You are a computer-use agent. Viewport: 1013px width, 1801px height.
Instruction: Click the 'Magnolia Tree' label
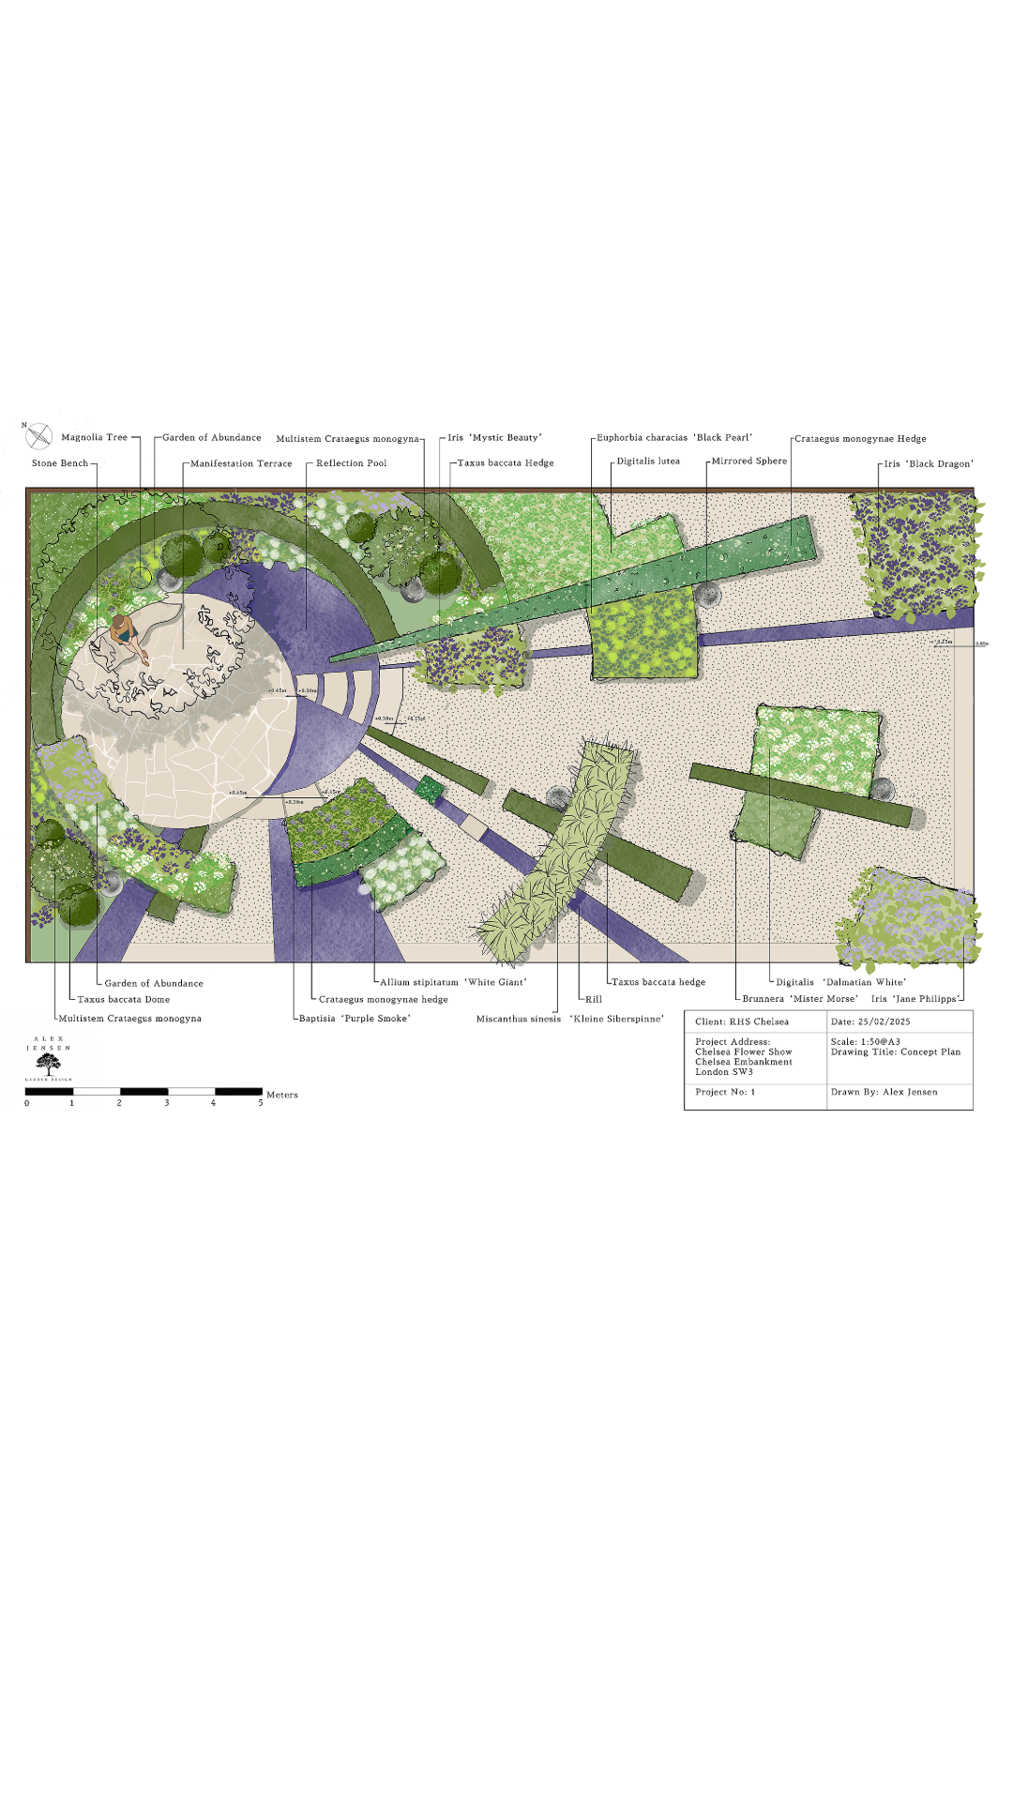[x=94, y=437]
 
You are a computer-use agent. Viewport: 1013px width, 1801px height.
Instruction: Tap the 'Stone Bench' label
[x=60, y=463]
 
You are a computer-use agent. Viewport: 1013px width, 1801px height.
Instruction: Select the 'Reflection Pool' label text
[x=351, y=463]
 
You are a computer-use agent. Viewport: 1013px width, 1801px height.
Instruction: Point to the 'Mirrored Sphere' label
[x=748, y=462]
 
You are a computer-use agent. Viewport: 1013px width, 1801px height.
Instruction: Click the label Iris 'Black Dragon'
[x=928, y=463]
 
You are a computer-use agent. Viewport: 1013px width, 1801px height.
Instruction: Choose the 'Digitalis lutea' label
[x=648, y=462]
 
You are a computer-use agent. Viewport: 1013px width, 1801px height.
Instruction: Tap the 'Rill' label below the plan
[x=594, y=999]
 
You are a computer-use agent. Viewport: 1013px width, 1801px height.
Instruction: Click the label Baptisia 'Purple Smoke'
[x=355, y=1019]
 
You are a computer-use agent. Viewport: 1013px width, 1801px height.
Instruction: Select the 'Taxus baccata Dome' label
[x=124, y=1000]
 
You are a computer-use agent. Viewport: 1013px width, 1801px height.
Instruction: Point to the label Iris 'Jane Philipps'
[x=915, y=999]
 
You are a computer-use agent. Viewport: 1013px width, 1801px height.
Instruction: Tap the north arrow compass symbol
[x=38, y=436]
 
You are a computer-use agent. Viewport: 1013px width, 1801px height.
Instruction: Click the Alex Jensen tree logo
[x=48, y=1064]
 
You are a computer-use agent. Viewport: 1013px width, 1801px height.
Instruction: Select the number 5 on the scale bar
[x=261, y=1103]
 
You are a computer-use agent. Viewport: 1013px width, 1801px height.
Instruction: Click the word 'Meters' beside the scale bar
[x=282, y=1095]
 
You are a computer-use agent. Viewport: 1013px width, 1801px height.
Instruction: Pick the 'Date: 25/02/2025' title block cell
[x=870, y=1022]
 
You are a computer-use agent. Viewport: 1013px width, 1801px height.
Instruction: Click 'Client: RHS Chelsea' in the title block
[x=742, y=1022]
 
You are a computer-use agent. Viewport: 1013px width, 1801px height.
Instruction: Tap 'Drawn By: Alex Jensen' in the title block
[x=884, y=1092]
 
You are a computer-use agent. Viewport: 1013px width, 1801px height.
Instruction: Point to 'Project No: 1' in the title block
[x=725, y=1092]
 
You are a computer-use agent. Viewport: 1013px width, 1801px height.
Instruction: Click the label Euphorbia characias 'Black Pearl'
[x=674, y=438]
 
